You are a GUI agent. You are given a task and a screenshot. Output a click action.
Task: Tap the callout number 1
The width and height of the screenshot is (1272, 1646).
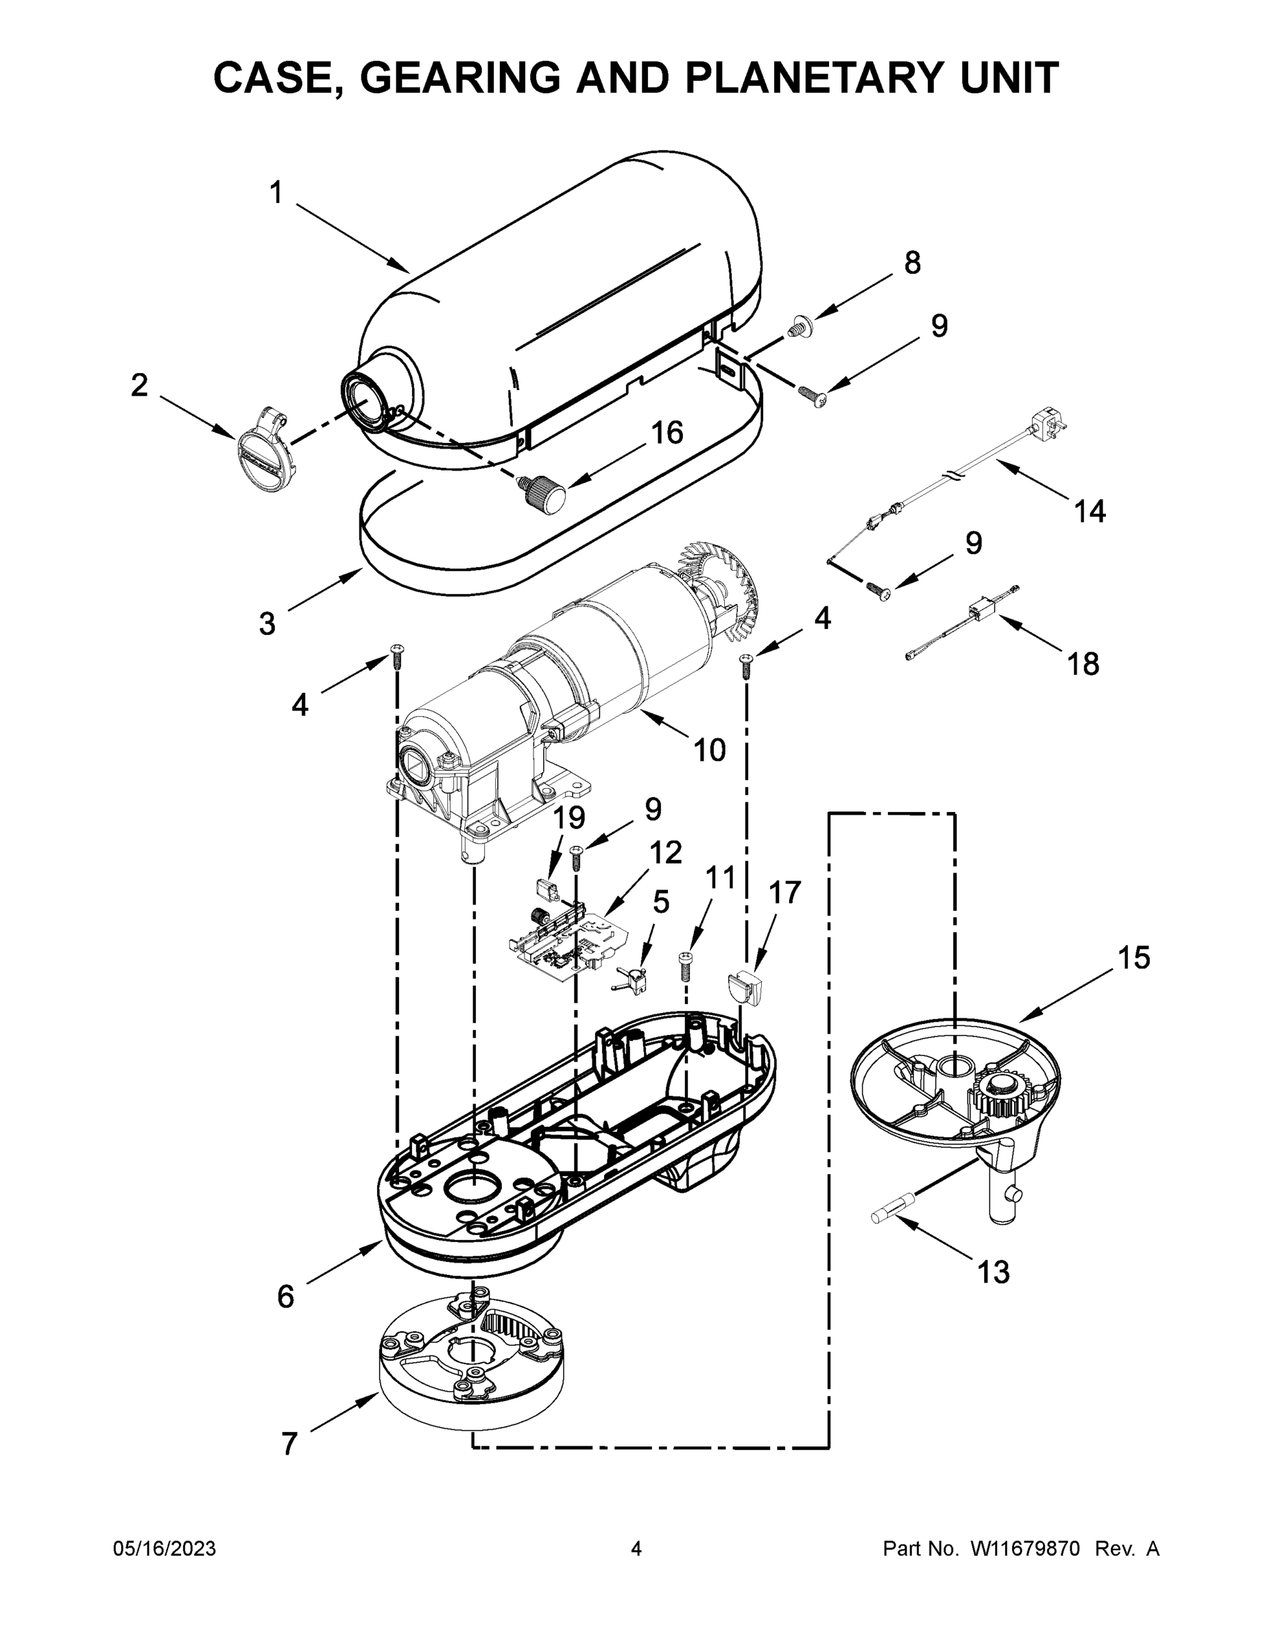pyautogui.click(x=276, y=193)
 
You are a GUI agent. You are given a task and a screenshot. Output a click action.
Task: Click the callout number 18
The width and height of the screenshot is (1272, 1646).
pyautogui.click(x=1083, y=664)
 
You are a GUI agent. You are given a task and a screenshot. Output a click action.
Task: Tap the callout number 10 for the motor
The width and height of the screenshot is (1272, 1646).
pyautogui.click(x=708, y=750)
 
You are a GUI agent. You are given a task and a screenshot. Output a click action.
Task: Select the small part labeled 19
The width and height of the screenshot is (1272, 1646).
pyautogui.click(x=547, y=890)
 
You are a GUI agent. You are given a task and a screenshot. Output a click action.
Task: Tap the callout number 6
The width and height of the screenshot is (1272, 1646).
pyautogui.click(x=285, y=1297)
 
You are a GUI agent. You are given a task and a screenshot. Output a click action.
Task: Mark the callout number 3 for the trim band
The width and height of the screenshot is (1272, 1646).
pyautogui.click(x=267, y=624)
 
